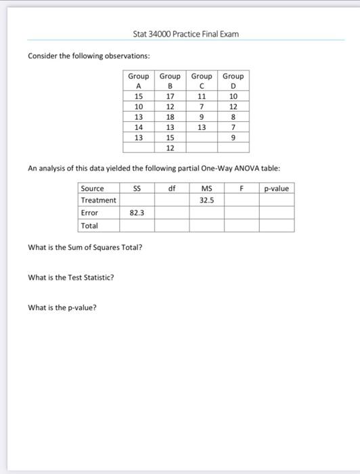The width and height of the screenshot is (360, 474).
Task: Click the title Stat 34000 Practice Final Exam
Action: click(x=186, y=34)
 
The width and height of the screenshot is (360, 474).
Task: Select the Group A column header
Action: click(x=139, y=81)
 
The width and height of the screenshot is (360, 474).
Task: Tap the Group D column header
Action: click(x=233, y=81)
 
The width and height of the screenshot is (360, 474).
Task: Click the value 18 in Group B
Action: click(x=171, y=116)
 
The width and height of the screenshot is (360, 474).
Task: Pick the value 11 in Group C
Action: click(x=202, y=96)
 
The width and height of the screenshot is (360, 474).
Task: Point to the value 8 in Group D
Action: click(x=233, y=116)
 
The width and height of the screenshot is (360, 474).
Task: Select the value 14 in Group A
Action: click(x=139, y=127)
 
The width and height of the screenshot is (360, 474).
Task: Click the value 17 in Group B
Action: click(x=171, y=96)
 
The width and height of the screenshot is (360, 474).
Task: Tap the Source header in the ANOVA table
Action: click(x=92, y=188)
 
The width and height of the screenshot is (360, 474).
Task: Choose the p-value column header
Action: click(x=276, y=188)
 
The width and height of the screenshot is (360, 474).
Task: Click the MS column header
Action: click(x=206, y=188)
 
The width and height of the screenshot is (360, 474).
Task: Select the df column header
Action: click(x=172, y=188)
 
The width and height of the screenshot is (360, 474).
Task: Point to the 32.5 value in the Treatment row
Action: click(x=206, y=200)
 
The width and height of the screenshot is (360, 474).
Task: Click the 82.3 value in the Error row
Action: click(x=137, y=213)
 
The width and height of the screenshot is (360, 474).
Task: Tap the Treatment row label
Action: click(x=98, y=200)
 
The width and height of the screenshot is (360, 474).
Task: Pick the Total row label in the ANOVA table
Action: click(x=89, y=225)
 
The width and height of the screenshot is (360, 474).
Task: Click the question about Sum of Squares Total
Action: click(x=85, y=247)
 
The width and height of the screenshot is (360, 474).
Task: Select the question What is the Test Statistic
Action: click(x=71, y=277)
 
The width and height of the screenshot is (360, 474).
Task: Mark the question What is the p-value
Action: click(x=62, y=307)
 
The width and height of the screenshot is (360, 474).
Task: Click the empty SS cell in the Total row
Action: click(x=137, y=225)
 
